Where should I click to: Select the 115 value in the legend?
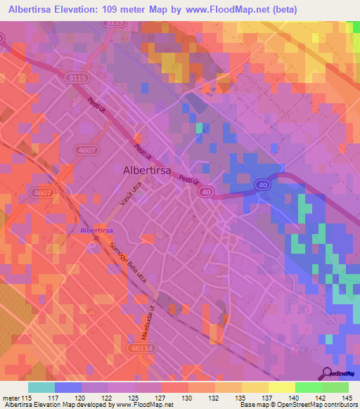(x=27, y=397)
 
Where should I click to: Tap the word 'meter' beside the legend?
(x=11, y=397)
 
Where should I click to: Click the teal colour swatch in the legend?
(x=41, y=387)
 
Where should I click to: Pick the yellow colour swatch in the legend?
(x=281, y=387)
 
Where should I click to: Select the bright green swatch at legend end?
(x=335, y=387)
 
